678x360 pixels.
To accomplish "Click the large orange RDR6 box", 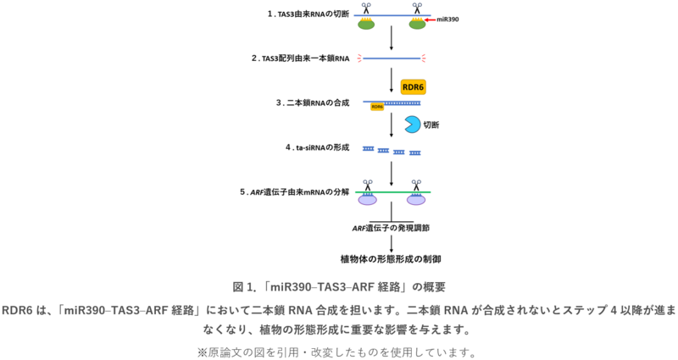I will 414,87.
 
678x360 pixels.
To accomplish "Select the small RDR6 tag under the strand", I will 376,108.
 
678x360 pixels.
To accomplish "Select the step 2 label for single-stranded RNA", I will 301,58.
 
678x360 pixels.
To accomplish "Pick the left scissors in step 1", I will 367,8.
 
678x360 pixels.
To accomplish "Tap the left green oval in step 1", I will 367,25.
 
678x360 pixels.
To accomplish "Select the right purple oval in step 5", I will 416,202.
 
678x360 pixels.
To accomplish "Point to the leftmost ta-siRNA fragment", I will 369,149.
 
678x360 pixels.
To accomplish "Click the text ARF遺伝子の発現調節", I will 391,228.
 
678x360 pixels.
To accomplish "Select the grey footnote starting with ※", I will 339,350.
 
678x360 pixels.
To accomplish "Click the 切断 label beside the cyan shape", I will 431,125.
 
